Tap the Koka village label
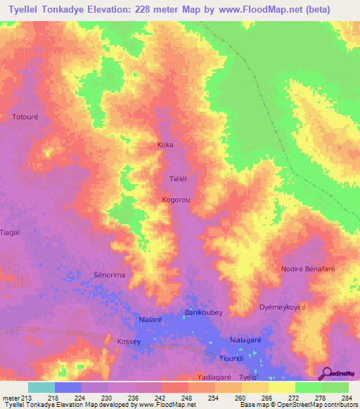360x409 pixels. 165,145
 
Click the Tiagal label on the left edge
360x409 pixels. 11,232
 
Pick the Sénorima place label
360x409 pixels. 109,275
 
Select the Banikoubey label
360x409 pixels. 203,312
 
